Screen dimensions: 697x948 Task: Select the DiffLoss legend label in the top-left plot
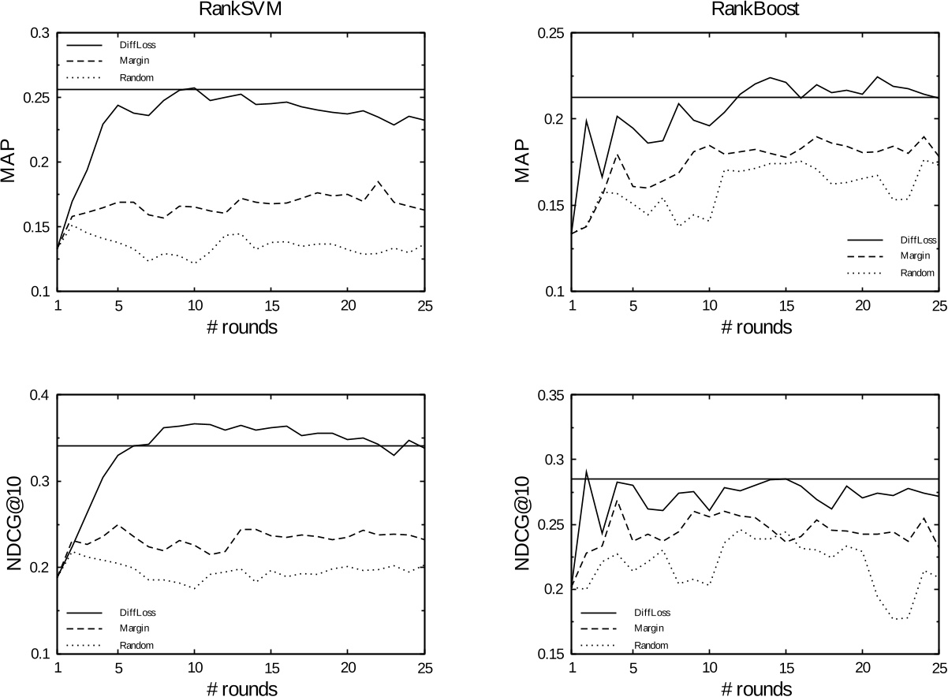click(x=142, y=44)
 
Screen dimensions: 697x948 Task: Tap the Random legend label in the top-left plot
click(x=140, y=77)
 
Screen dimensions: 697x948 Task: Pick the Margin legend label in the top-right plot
click(x=915, y=255)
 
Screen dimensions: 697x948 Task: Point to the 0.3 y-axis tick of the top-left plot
click(x=38, y=33)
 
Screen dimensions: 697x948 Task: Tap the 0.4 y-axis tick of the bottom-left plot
click(x=38, y=395)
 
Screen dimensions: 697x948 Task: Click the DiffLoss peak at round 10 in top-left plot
click(x=193, y=88)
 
